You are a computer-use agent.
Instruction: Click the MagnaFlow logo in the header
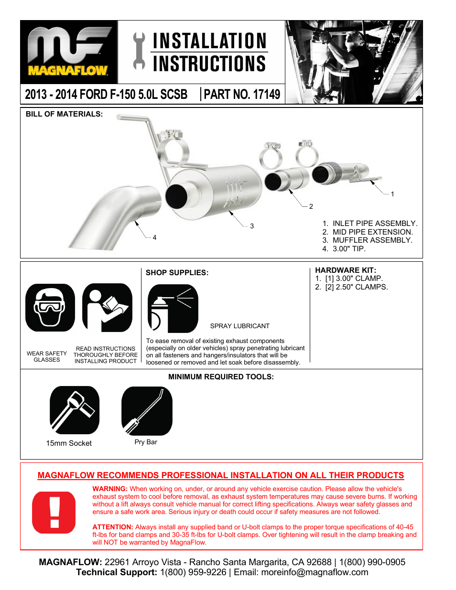tap(68, 52)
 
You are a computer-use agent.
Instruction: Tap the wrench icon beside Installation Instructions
tap(139, 51)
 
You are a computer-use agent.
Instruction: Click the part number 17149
tap(266, 94)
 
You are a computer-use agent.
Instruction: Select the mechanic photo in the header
tap(354, 62)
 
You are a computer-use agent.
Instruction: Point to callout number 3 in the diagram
tap(252, 226)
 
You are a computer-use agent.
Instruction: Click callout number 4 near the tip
tap(154, 237)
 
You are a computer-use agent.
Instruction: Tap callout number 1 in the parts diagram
tap(392, 194)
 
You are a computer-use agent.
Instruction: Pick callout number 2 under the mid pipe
tap(311, 206)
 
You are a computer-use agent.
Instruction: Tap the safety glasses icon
tap(50, 308)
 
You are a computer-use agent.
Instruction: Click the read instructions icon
tap(107, 308)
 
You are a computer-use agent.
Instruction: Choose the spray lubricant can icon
tap(173, 309)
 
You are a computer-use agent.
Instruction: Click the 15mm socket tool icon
tap(75, 410)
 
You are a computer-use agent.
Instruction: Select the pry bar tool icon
tap(147, 411)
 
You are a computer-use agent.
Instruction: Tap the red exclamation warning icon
tap(54, 512)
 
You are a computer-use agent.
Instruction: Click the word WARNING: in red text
tap(110, 489)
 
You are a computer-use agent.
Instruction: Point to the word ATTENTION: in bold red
tap(113, 527)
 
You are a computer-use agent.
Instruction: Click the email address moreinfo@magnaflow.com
tap(315, 572)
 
